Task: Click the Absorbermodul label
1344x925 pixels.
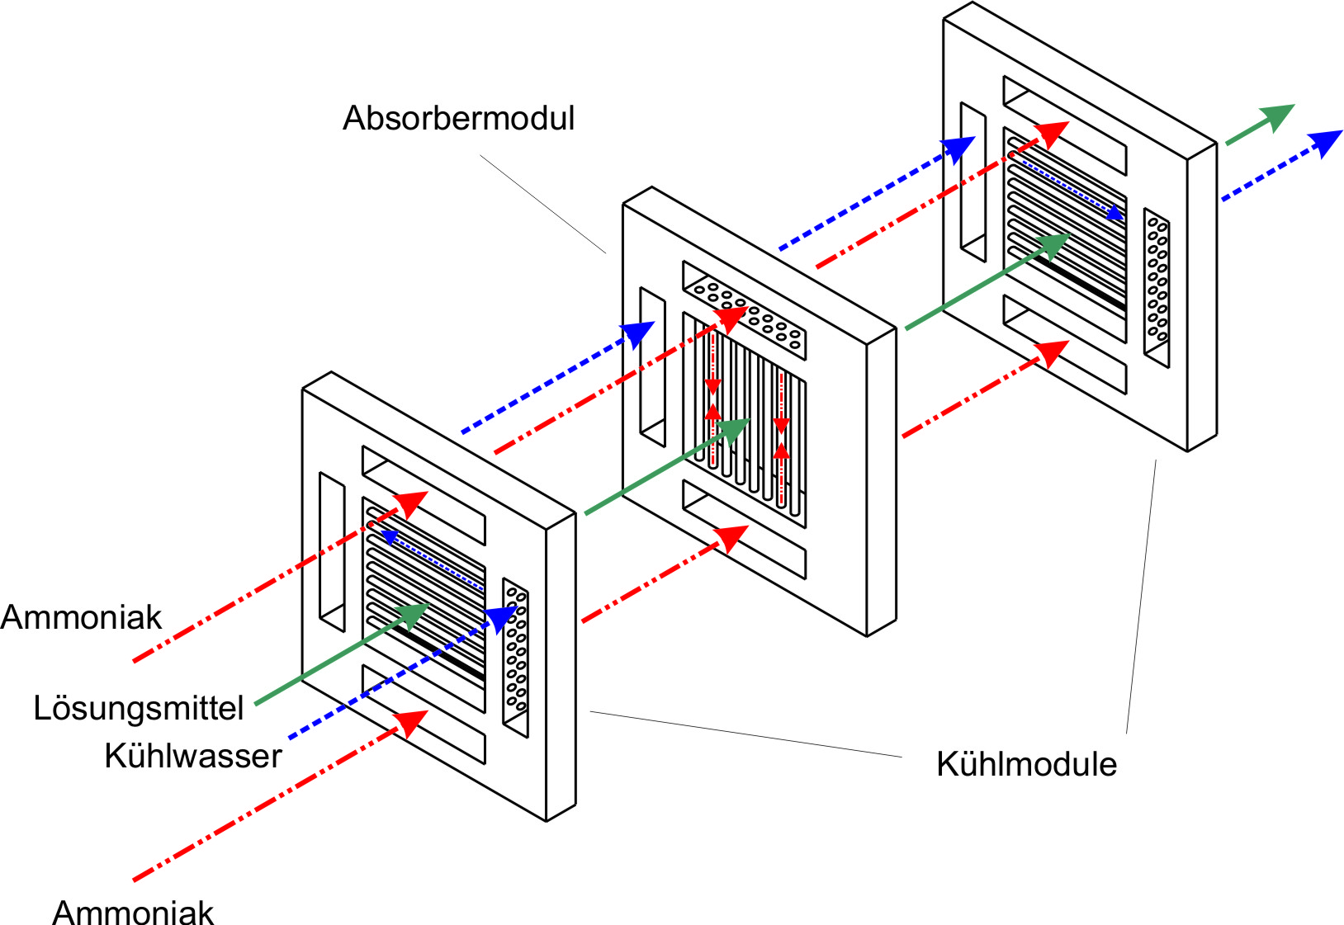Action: click(x=458, y=118)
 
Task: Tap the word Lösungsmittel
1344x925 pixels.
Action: click(x=139, y=708)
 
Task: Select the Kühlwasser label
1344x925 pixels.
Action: click(x=193, y=756)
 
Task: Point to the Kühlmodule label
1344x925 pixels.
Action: click(x=1026, y=764)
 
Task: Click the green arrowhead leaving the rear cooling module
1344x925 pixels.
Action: click(x=1277, y=116)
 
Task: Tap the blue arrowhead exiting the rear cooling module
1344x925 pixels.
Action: click(x=1326, y=141)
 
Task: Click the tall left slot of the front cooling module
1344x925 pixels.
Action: click(x=332, y=551)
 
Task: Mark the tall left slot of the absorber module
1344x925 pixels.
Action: click(x=652, y=366)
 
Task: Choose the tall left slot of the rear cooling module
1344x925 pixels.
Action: click(x=973, y=182)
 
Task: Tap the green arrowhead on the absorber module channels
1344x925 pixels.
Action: click(x=732, y=430)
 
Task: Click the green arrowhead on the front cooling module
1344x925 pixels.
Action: click(x=412, y=615)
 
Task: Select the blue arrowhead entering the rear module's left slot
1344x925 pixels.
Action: click(x=958, y=149)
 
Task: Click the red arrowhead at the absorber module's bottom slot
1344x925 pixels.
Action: click(x=731, y=537)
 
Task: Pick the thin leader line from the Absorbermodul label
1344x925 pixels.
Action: click(x=542, y=203)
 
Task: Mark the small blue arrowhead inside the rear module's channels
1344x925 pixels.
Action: click(x=1114, y=213)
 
